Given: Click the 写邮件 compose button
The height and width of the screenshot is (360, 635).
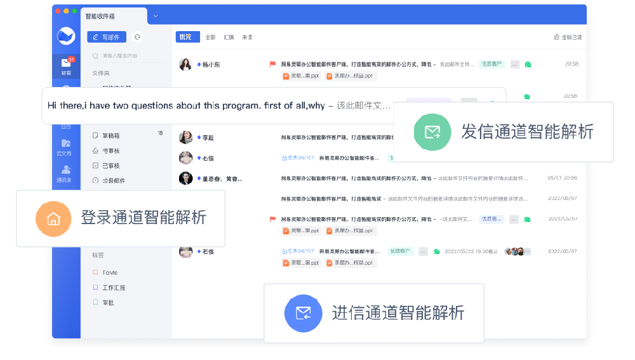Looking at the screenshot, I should click(107, 37).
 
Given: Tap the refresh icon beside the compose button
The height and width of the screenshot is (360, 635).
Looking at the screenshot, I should click(137, 37).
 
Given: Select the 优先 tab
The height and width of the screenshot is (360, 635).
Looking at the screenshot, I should click(187, 37).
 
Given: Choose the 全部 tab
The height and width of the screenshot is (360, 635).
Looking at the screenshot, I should click(210, 37).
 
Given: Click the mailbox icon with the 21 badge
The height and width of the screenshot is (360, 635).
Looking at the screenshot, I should click(66, 63).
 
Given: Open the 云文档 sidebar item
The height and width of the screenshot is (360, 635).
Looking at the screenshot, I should click(66, 147).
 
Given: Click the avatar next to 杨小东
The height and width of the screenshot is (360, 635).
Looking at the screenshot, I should click(185, 64).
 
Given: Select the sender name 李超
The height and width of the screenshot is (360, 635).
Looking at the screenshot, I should click(208, 138).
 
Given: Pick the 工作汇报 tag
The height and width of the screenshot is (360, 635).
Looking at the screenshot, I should click(113, 288).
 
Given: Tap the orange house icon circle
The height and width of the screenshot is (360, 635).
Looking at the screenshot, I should click(53, 219).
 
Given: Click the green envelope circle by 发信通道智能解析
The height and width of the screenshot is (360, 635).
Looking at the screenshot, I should click(432, 132).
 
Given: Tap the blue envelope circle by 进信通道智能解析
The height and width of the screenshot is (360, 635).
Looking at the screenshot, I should click(303, 313).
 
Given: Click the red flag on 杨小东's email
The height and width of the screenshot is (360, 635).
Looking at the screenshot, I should click(272, 64).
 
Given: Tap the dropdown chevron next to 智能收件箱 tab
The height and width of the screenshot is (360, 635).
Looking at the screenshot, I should click(156, 16).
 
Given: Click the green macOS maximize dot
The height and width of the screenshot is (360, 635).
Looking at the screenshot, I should click(74, 11).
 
